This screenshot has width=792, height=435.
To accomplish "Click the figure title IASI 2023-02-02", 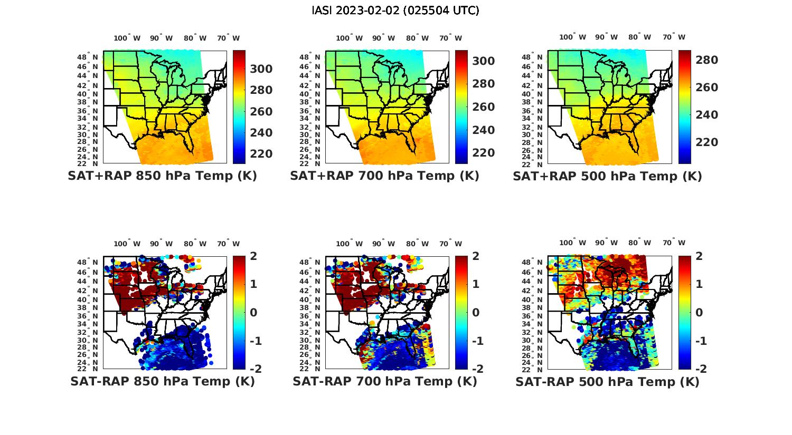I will [395, 11].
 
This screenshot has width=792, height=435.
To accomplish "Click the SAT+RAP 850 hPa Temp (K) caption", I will [162, 176].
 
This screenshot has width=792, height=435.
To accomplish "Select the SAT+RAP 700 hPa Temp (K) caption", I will [384, 176].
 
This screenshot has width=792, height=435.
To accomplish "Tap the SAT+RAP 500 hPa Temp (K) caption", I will [607, 177].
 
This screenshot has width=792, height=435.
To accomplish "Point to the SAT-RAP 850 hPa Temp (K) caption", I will [162, 382].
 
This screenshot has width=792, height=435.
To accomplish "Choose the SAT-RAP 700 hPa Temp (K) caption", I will [384, 382].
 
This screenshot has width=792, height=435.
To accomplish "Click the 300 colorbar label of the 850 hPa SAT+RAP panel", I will [261, 69].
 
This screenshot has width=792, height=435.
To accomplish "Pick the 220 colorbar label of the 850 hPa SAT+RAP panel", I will [261, 154].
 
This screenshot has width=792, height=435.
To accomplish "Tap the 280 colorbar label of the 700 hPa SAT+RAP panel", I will [483, 84].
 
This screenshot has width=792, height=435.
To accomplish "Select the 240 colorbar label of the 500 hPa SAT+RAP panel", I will [706, 115].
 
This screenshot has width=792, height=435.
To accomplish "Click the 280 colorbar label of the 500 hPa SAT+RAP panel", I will [706, 60].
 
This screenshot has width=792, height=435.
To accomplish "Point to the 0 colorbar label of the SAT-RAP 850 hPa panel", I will [253, 313].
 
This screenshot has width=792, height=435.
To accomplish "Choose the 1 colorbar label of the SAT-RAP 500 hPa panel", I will [699, 284].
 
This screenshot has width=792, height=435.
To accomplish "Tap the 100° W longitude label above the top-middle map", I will [349, 38].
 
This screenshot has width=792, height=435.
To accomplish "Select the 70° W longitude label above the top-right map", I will [674, 37].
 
